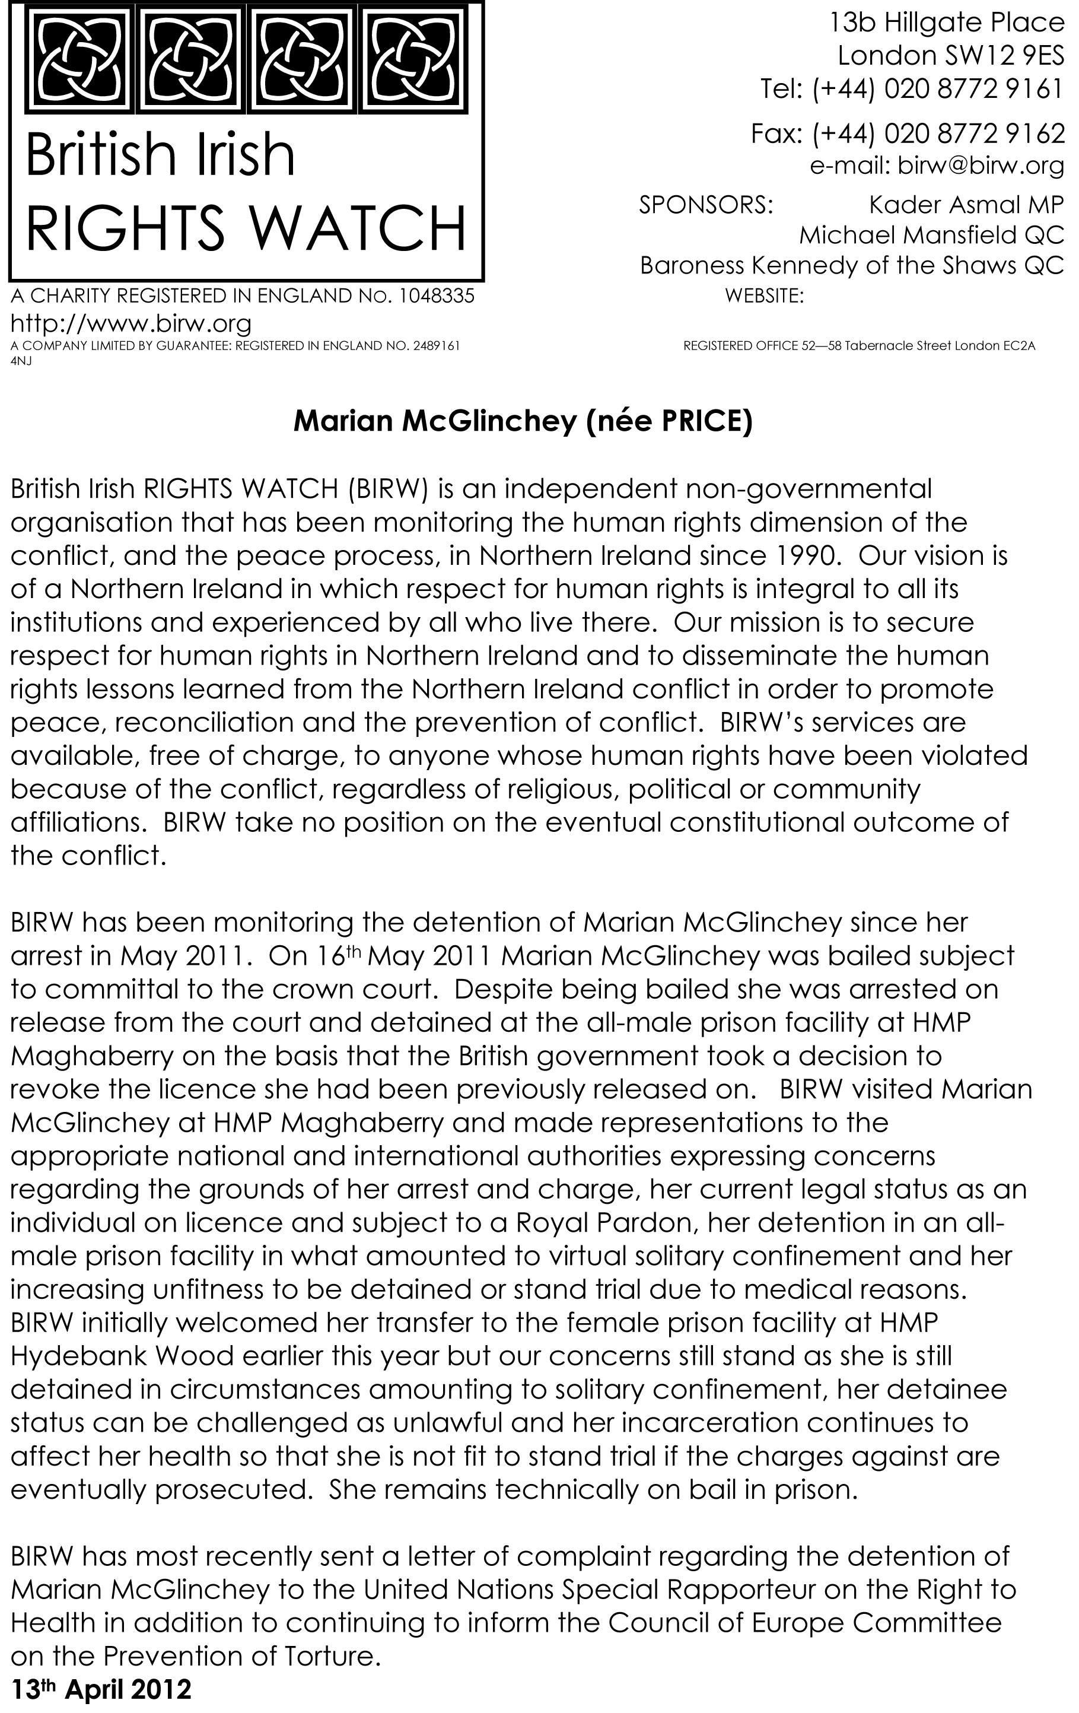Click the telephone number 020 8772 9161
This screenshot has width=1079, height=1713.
(x=973, y=89)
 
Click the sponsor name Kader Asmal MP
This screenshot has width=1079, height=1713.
(x=966, y=205)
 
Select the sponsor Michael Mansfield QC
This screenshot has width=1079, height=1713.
(x=932, y=235)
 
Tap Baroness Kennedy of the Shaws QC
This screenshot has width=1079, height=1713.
(x=851, y=265)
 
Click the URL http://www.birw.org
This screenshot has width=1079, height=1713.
(x=131, y=324)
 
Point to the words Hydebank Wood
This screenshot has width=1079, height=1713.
(x=122, y=1356)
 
